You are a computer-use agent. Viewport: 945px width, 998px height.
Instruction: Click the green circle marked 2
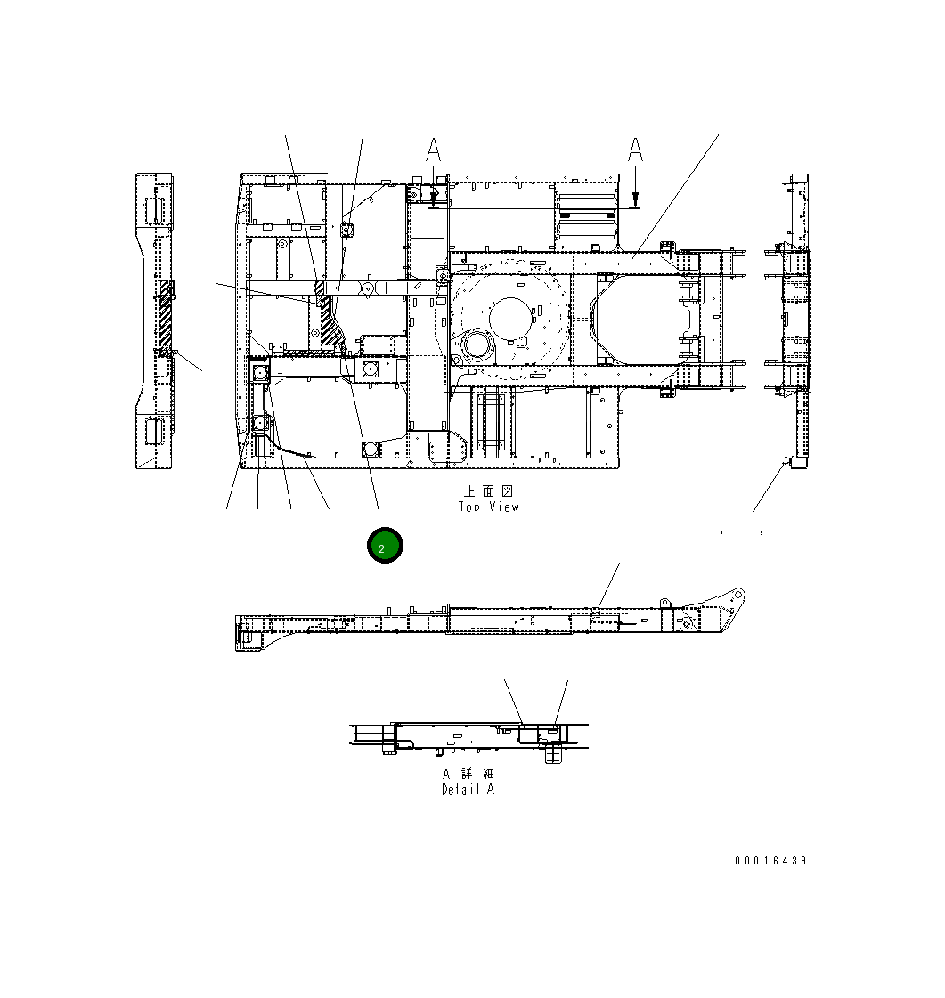[x=385, y=546]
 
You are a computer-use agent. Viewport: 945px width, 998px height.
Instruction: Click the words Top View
[x=488, y=507]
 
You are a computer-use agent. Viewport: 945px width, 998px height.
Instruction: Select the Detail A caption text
[x=468, y=790]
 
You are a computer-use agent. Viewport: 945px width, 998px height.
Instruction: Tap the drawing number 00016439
[x=770, y=861]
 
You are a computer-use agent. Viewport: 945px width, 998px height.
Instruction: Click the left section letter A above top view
[x=433, y=150]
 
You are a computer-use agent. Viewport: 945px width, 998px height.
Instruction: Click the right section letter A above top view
[x=635, y=150]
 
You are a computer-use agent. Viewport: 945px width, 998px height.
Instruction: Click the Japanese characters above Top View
[x=488, y=491]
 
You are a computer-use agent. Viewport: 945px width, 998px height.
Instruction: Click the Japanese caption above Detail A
[x=468, y=774]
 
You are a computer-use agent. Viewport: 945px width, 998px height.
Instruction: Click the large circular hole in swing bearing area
[x=510, y=316]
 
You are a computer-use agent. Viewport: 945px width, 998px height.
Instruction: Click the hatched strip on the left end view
[x=165, y=316]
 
